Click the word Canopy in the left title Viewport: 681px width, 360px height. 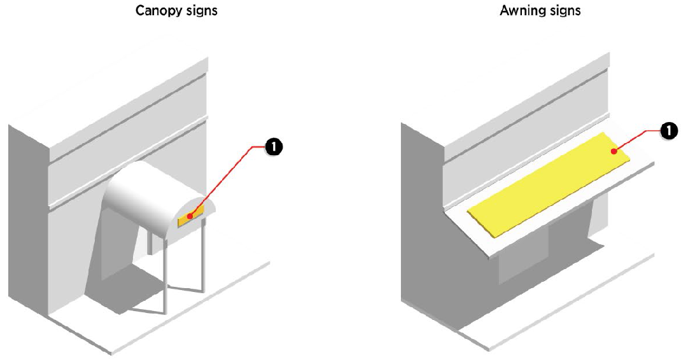tap(157, 11)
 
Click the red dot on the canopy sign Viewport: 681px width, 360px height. tap(190, 217)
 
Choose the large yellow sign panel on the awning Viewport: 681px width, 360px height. tap(547, 184)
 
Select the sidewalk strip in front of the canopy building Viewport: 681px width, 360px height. tap(191, 312)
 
